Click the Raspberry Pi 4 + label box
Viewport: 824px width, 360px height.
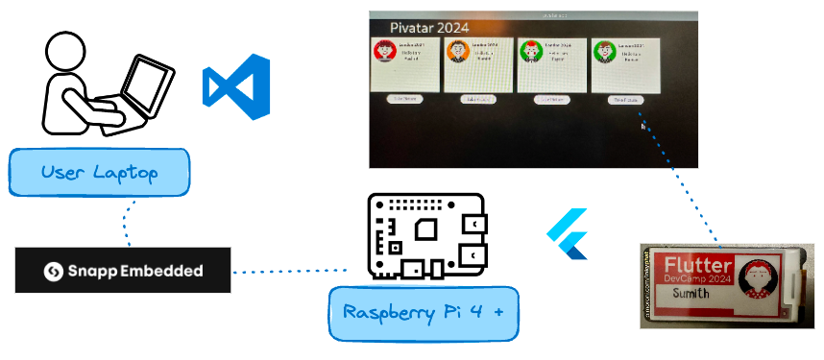(424, 313)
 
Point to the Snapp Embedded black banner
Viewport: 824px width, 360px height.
(123, 271)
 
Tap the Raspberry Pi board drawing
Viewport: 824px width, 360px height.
(425, 237)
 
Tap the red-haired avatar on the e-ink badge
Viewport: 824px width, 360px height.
(767, 281)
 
